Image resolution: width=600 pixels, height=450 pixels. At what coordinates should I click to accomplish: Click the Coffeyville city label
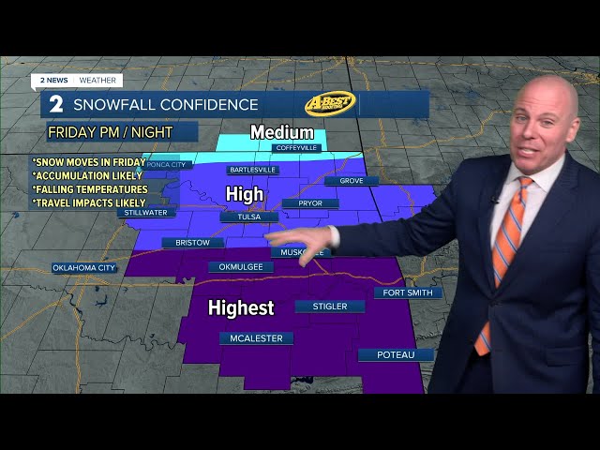[x=297, y=148]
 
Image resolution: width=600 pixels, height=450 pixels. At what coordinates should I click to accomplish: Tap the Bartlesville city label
[x=252, y=170]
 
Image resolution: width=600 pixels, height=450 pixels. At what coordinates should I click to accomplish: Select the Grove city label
[x=352, y=181]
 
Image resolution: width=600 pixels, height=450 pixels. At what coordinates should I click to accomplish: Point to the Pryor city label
[x=312, y=202]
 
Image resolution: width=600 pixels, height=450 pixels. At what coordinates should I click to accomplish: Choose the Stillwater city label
[x=145, y=213]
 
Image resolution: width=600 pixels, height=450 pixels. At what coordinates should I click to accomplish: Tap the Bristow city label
[x=192, y=243]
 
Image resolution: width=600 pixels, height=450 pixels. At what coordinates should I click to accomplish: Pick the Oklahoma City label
[x=84, y=268]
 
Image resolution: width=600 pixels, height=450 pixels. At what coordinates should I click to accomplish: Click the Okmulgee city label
[x=240, y=267]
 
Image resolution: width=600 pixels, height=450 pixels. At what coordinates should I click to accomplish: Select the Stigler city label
[x=330, y=307]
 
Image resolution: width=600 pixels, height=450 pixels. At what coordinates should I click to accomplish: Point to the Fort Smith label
[x=408, y=293]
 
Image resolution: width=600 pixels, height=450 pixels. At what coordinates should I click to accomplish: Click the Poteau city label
[x=396, y=355]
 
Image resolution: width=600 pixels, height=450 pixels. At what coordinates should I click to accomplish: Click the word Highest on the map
[x=241, y=307]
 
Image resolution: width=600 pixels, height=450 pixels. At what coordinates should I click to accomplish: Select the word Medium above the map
[x=281, y=133]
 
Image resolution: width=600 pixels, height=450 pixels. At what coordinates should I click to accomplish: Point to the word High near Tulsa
[x=244, y=194]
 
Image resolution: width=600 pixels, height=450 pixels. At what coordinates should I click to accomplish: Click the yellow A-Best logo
[x=330, y=103]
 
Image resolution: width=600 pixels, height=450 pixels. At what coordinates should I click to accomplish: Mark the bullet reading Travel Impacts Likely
[x=89, y=202]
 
